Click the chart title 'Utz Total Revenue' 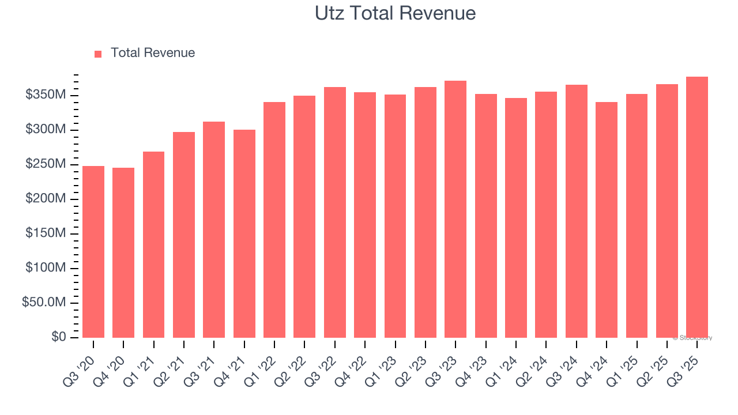395,13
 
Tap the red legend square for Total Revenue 98,54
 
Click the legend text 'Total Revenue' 153,53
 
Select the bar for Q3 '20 93,252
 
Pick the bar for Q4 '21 244,233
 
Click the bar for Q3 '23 455,209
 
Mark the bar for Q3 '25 697,207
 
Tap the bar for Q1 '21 154,244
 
